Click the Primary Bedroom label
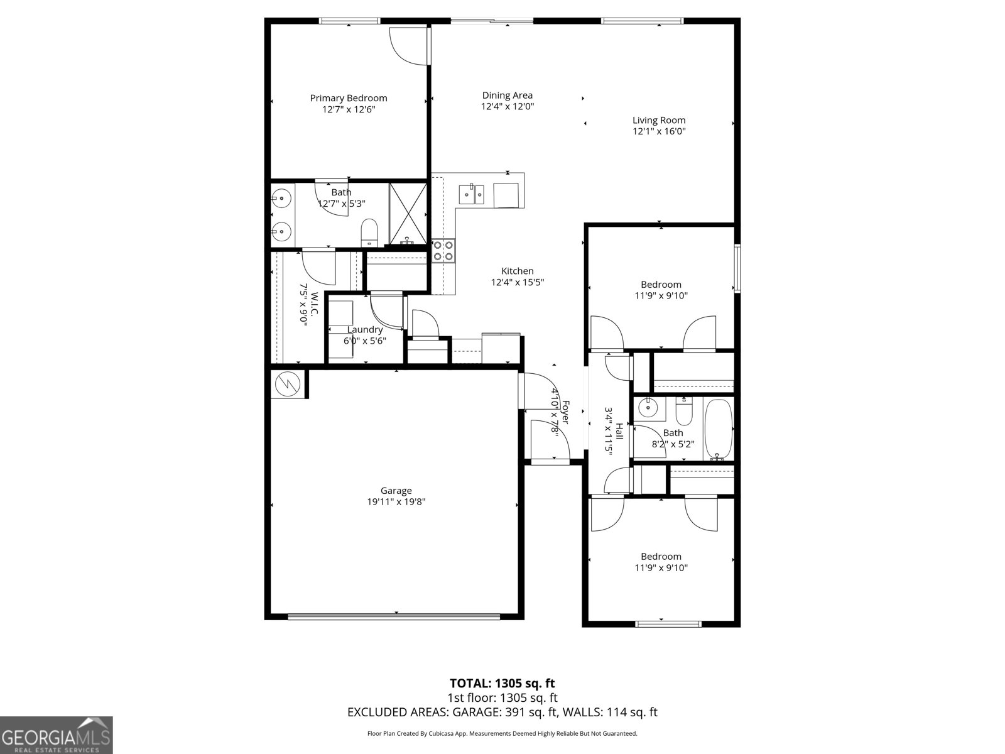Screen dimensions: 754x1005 349,98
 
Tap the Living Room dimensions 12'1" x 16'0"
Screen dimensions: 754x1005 659,131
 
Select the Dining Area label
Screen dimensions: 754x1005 507,96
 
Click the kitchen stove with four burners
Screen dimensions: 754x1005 443,251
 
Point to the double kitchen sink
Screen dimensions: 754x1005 471,194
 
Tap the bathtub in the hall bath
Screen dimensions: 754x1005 718,430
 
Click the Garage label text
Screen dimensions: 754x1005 396,491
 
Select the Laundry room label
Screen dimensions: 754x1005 365,330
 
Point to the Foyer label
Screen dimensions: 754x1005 565,412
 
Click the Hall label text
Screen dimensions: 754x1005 619,431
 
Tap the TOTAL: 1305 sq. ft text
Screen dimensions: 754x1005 502,683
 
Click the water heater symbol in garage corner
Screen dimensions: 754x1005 288,383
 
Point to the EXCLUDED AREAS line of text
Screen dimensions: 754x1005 502,712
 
